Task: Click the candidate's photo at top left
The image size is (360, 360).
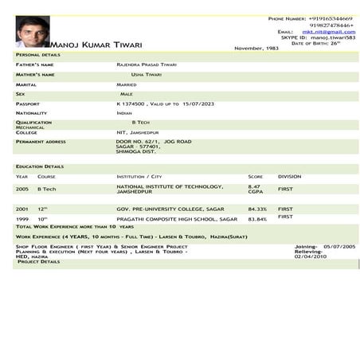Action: click(32, 31)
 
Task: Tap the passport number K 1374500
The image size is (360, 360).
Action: click(131, 104)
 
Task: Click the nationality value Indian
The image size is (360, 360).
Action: click(123, 113)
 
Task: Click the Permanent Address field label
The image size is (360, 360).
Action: click(41, 141)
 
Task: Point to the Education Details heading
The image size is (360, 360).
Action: click(40, 166)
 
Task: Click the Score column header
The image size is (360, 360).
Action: click(256, 176)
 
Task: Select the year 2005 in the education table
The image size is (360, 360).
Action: click(22, 189)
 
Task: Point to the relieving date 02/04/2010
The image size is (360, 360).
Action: click(311, 256)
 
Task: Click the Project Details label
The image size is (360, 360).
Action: click(38, 262)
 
